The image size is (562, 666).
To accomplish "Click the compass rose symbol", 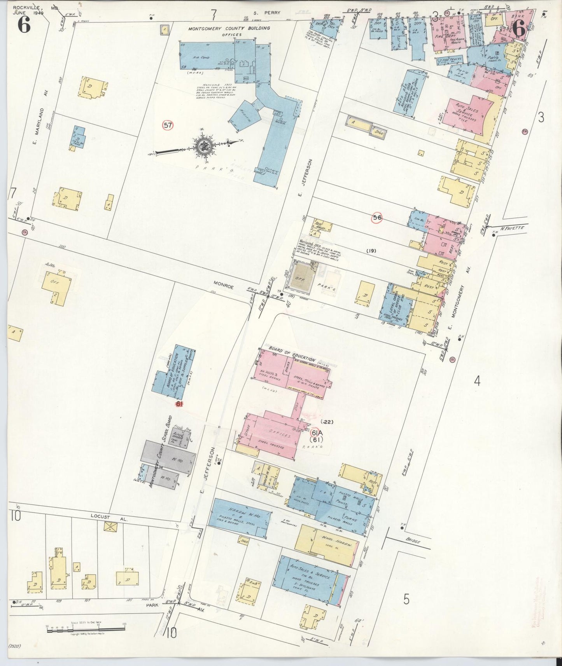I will coord(204,147).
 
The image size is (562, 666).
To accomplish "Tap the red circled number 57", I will coord(168,125).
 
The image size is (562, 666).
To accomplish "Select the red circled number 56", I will coord(377,218).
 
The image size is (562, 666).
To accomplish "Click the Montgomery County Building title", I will coord(229,28).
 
